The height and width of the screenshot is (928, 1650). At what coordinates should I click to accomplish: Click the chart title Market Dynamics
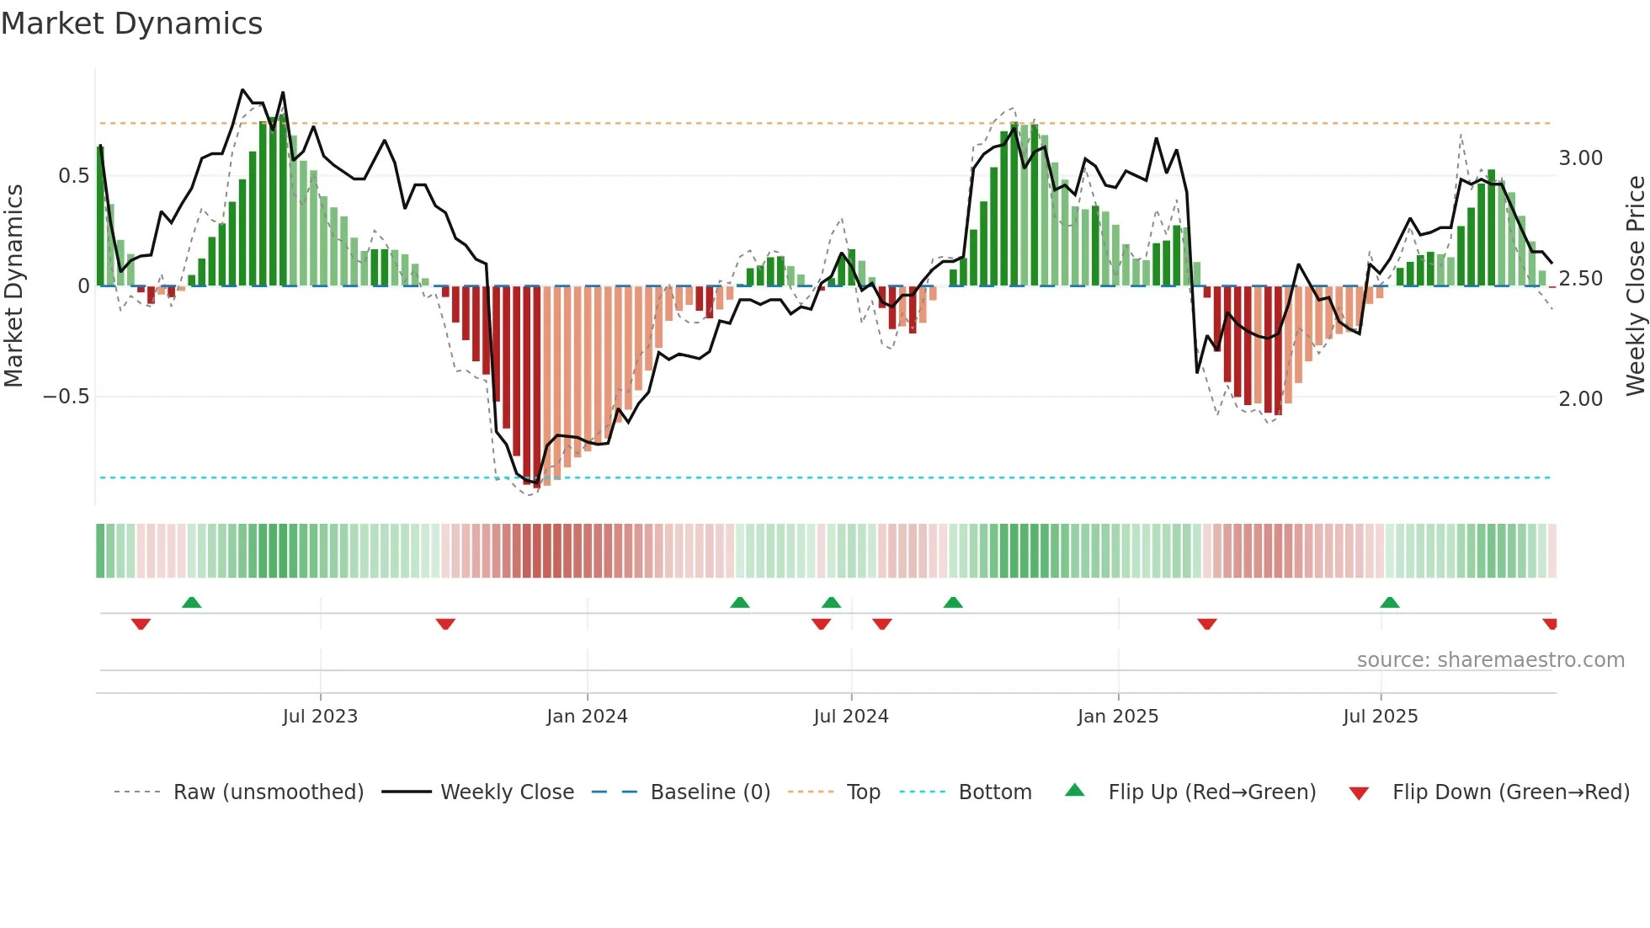pyautogui.click(x=131, y=24)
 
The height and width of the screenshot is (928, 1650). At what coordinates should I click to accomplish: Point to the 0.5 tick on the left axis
pyautogui.click(x=73, y=175)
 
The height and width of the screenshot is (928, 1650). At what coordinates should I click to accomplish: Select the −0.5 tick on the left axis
pyautogui.click(x=66, y=397)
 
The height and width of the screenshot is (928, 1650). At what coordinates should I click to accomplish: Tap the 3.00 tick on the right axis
pyautogui.click(x=1580, y=158)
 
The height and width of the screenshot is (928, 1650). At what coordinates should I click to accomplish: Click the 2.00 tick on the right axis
pyautogui.click(x=1580, y=399)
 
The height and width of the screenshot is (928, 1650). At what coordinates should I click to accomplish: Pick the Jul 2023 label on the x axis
pyautogui.click(x=320, y=717)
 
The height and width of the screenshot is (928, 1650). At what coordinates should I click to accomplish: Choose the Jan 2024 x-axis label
pyautogui.click(x=587, y=717)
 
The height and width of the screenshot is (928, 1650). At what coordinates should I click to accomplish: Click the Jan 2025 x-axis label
pyautogui.click(x=1117, y=717)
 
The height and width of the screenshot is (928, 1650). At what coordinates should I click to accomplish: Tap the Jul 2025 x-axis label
pyautogui.click(x=1380, y=717)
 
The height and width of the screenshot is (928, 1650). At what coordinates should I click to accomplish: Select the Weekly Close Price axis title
pyautogui.click(x=1635, y=285)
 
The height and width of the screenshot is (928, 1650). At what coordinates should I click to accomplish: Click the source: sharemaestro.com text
pyautogui.click(x=1490, y=660)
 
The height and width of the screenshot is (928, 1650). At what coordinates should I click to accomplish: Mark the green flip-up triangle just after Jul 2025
pyautogui.click(x=1390, y=603)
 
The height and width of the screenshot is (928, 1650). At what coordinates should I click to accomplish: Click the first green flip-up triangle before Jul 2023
pyautogui.click(x=192, y=603)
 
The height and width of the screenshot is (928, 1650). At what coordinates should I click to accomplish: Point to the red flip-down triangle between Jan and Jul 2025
pyautogui.click(x=1206, y=624)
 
